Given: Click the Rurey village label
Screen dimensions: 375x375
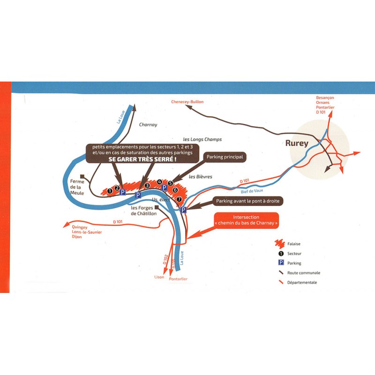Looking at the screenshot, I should tap(297, 143).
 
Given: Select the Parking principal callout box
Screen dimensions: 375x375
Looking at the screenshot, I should tap(224, 157).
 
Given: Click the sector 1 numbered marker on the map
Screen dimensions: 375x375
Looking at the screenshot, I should tap(109, 191).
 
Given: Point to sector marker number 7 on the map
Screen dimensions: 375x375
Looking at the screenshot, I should tap(179, 199).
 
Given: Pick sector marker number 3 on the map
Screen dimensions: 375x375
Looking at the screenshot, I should tap(147, 186).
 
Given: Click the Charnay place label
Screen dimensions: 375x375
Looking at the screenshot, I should tap(148, 125).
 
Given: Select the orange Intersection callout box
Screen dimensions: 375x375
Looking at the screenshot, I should tap(246, 220).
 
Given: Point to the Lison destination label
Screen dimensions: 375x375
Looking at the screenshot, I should tap(159, 277).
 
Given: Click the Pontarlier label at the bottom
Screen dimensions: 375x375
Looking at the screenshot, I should tap(178, 279).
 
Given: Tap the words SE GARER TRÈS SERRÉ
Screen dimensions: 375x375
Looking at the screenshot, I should tap(142, 160).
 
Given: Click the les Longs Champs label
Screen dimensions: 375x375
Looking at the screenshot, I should tap(202, 140).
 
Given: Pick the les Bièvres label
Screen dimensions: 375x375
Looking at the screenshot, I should tap(201, 177).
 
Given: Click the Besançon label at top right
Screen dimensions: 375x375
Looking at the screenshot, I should tap(325, 98).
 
